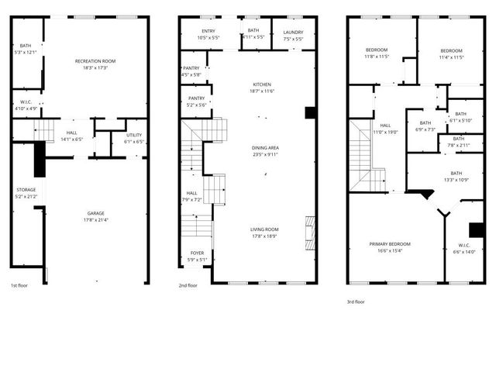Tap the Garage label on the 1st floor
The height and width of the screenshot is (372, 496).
tap(95, 213)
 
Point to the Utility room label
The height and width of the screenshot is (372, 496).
tap(134, 136)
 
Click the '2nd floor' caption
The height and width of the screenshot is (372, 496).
tap(188, 285)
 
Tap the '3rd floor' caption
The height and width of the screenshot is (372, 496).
tap(355, 301)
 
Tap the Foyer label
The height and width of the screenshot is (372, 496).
tap(197, 253)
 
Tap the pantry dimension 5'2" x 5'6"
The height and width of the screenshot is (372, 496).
tap(197, 105)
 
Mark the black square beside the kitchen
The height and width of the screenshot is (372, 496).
tap(310, 112)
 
